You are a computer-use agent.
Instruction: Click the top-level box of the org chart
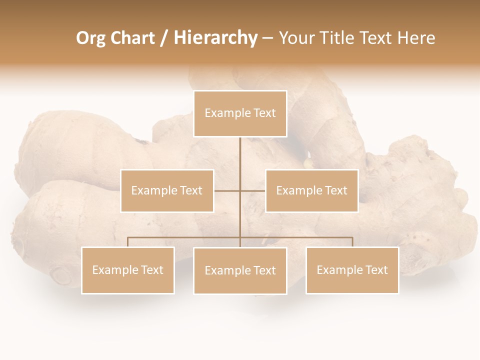[240, 113]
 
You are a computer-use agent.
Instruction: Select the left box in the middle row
[167, 190]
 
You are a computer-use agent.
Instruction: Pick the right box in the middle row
[311, 190]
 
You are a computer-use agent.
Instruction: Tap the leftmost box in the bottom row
[128, 270]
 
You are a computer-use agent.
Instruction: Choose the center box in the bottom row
[240, 270]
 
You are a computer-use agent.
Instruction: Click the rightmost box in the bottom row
[352, 270]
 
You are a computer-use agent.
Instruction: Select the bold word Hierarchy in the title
[215, 38]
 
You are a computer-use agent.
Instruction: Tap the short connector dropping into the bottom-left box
[128, 242]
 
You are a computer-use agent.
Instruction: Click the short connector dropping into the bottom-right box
[352, 242]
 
